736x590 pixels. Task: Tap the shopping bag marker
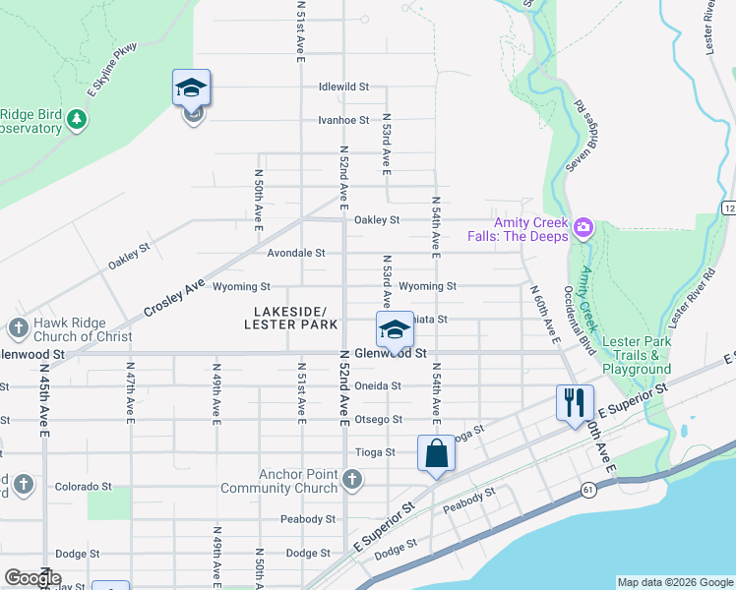437,453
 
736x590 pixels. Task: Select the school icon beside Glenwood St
395,329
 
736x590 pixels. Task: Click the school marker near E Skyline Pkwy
192,88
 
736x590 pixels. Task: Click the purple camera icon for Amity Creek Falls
583,229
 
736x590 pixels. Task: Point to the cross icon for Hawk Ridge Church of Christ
18,328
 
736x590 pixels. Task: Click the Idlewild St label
343,87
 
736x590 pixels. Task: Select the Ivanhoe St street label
343,120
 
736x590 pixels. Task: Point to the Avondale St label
296,253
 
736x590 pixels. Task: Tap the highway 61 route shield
587,489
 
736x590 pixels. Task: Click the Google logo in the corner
32,578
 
